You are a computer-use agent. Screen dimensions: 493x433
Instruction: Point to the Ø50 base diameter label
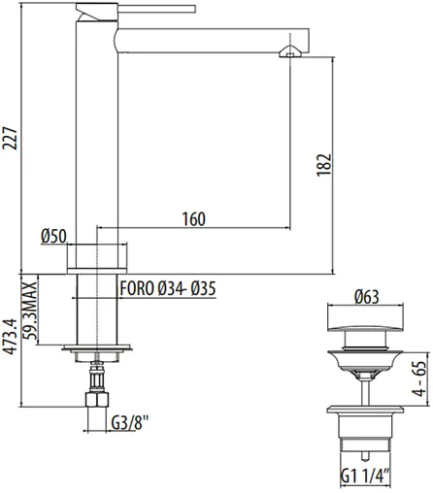[x=52, y=236]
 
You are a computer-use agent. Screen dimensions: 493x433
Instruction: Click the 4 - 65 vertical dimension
[x=418, y=378]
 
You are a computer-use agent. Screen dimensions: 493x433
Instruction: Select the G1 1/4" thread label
[x=364, y=475]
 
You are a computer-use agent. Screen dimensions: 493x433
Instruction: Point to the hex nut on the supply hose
[x=97, y=400]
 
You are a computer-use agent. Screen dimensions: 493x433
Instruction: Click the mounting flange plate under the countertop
[x=97, y=345]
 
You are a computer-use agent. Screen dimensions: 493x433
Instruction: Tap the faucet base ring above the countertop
[x=97, y=256]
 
